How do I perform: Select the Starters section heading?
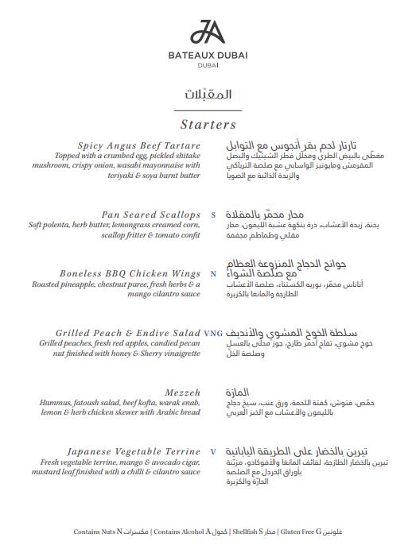click(x=208, y=125)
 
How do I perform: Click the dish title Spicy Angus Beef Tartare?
click(x=139, y=146)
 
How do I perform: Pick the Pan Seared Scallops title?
click(x=151, y=215)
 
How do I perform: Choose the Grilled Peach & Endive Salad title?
click(x=128, y=333)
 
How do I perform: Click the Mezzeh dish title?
click(x=183, y=393)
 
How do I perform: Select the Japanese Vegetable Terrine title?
click(x=134, y=451)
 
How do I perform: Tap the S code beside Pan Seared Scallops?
click(x=213, y=215)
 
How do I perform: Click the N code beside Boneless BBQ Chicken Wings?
click(x=213, y=274)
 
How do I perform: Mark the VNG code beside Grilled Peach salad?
click(x=213, y=333)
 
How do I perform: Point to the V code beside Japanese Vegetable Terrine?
click(x=213, y=451)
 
